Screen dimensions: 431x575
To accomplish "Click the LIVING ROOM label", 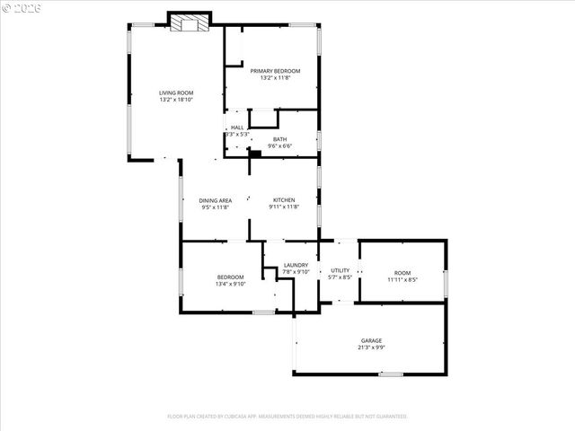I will click(x=176, y=92).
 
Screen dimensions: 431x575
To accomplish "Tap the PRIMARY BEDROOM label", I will click(x=275, y=71).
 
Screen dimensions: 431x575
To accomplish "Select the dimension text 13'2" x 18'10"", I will click(x=176, y=99).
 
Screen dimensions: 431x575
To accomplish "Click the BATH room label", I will click(x=280, y=138).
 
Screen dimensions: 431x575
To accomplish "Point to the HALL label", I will click(x=237, y=128).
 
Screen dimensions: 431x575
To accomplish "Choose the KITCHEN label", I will click(x=284, y=200).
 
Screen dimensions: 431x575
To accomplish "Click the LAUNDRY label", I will click(x=296, y=265).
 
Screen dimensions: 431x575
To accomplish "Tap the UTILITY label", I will click(x=340, y=270).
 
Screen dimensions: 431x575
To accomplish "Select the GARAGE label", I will click(x=372, y=340).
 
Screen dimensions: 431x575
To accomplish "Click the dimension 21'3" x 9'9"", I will click(x=372, y=347).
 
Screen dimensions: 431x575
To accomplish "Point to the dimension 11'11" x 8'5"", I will click(x=402, y=279).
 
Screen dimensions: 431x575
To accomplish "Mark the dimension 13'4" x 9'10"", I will click(x=230, y=285).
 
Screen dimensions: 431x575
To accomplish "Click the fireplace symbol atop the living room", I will click(x=190, y=22).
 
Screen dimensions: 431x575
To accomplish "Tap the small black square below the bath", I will click(x=254, y=154).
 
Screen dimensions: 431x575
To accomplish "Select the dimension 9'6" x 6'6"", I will click(x=280, y=145).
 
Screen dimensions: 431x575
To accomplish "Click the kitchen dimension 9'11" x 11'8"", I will click(x=284, y=207).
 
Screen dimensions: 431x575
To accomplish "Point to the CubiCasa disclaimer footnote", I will click(x=287, y=416).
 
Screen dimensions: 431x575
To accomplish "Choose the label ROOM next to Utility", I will click(x=402, y=273).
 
